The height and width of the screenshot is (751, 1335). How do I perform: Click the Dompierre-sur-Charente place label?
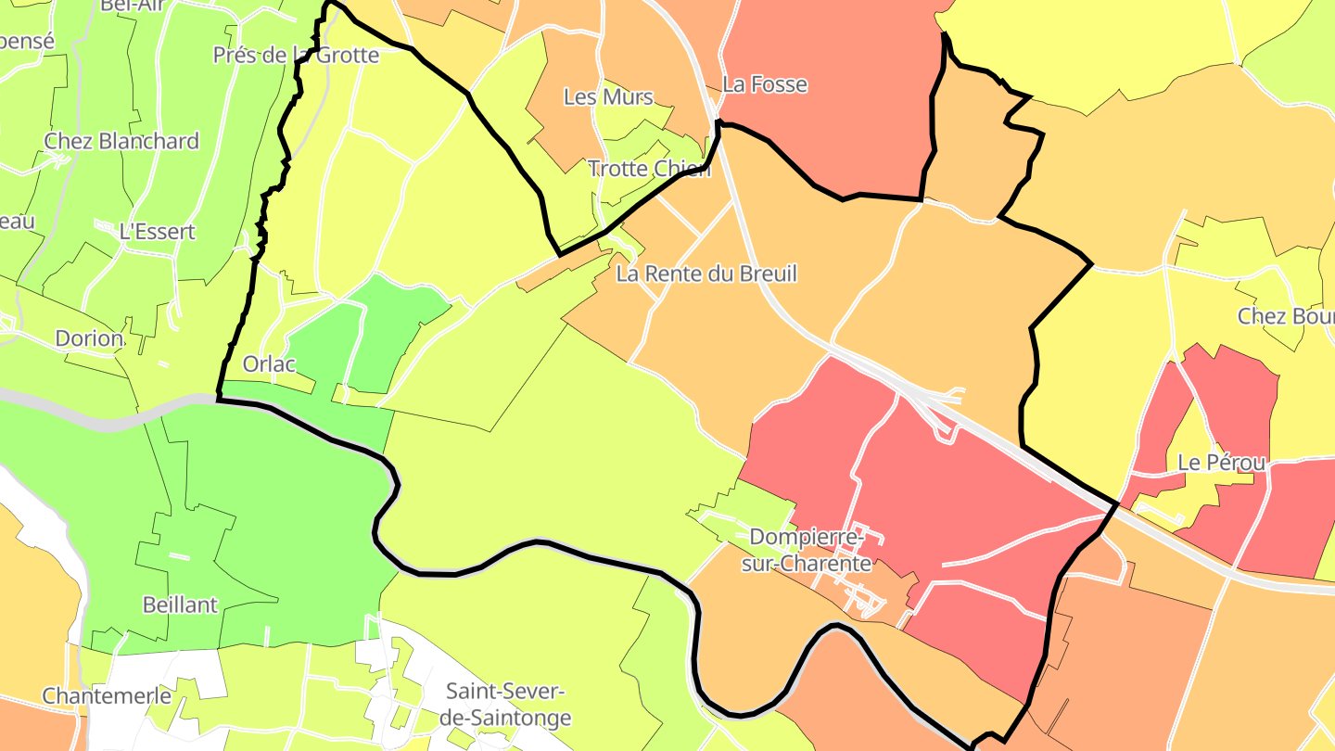coord(809,550)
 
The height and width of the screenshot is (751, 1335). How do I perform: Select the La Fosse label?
coord(765,84)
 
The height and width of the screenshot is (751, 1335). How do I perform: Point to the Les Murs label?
coord(608,96)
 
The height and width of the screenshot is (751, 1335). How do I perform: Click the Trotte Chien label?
coord(649,169)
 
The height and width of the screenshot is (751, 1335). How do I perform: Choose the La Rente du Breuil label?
coord(706,274)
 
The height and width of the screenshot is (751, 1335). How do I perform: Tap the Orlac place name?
coord(269,363)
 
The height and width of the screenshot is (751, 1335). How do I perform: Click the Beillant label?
coord(180,605)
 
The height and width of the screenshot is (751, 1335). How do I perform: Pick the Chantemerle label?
coord(107,695)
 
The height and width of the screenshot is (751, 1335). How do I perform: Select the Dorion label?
coord(89,338)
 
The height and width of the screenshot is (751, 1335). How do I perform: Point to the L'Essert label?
coord(158,231)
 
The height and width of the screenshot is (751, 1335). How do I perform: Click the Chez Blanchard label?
coord(121,141)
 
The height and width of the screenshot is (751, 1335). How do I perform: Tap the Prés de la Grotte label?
coord(296,55)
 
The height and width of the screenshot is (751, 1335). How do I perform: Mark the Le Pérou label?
coord(1221,462)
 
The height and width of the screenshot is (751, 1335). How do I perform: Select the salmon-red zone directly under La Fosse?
coord(834,139)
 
